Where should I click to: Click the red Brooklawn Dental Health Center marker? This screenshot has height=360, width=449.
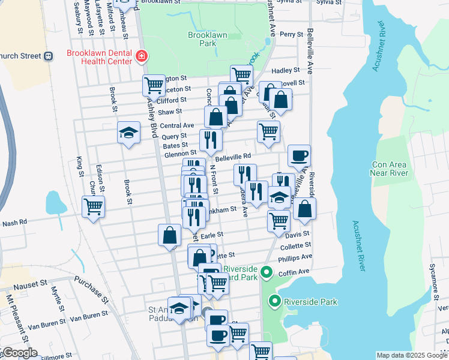(142, 56)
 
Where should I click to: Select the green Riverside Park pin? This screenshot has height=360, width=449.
(276, 302)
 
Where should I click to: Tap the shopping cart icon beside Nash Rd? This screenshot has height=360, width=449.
(94, 207)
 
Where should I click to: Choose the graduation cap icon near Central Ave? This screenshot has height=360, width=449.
(128, 133)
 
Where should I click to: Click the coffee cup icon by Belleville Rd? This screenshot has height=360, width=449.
(299, 156)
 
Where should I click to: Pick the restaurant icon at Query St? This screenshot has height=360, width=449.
(211, 140)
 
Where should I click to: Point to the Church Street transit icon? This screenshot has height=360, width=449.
(47, 56)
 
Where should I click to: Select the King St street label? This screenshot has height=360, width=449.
(80, 166)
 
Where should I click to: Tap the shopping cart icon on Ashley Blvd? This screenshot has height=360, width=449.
(154, 86)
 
